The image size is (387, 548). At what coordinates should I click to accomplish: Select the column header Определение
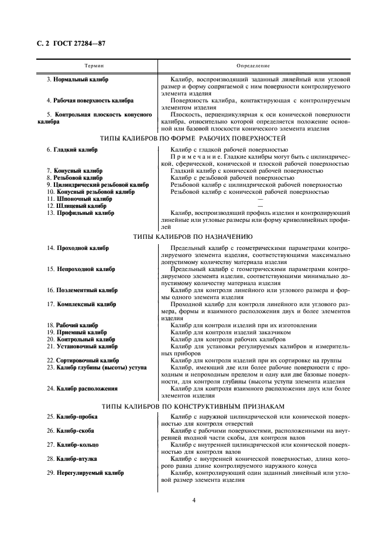point(254,66)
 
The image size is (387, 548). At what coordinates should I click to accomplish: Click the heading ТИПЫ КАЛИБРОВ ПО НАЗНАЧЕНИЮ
point(193,237)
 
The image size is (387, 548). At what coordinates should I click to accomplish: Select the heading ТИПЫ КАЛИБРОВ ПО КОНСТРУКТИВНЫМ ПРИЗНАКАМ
point(193,406)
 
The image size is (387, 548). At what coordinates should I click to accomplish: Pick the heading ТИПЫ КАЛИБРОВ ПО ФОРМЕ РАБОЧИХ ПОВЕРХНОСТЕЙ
point(193,139)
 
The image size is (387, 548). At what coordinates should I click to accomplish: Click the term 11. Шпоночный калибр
point(79,198)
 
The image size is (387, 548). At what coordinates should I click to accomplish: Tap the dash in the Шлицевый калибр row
point(260,205)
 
